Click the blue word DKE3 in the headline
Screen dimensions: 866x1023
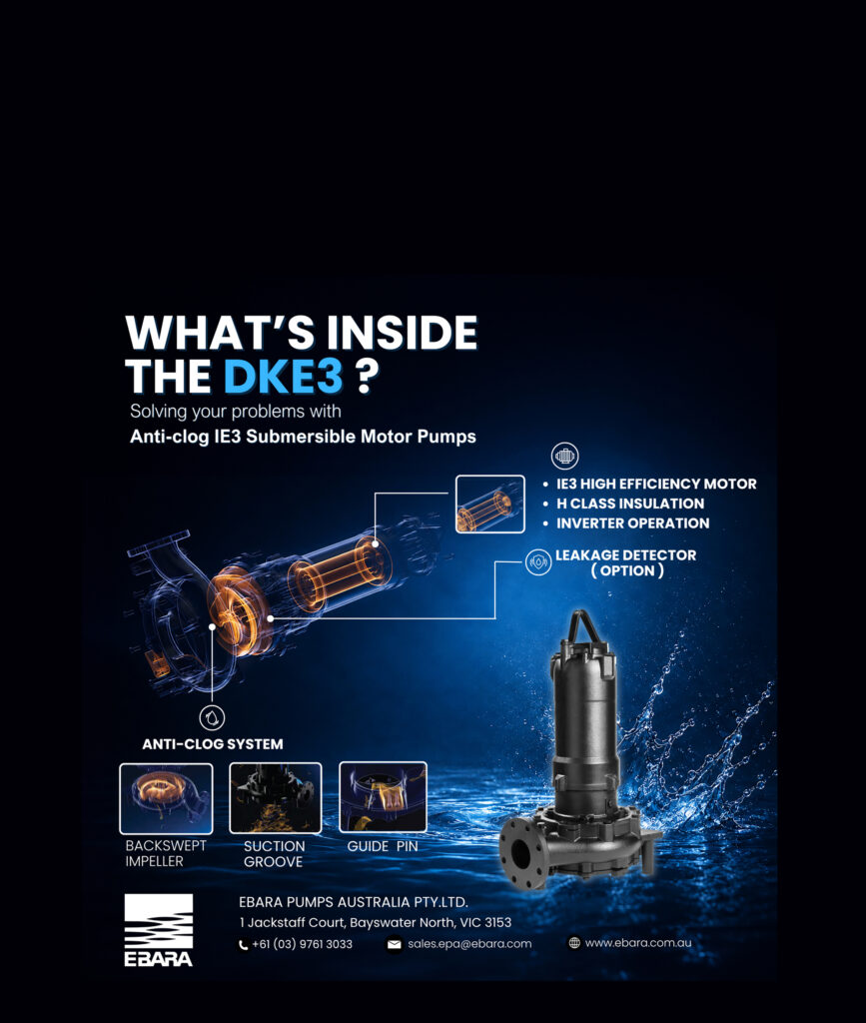(x=283, y=376)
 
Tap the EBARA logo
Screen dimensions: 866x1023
(x=159, y=930)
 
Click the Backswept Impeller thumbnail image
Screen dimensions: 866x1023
(x=166, y=798)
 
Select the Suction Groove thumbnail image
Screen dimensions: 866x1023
(x=276, y=798)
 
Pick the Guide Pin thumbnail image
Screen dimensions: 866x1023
(x=383, y=797)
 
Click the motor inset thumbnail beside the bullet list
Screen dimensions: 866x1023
(x=489, y=504)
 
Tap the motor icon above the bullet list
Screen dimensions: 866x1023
(x=564, y=456)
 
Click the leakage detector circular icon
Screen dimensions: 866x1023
(x=538, y=561)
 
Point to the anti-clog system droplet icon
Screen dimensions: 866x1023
(x=212, y=717)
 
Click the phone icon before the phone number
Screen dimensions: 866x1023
(x=244, y=945)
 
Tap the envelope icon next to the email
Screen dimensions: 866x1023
(x=394, y=944)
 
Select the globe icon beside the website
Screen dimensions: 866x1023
(x=574, y=943)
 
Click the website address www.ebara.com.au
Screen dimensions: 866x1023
(x=638, y=943)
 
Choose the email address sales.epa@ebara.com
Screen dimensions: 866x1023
(x=469, y=944)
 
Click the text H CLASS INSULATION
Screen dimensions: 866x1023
(x=630, y=504)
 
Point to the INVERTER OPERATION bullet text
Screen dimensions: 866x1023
(x=632, y=523)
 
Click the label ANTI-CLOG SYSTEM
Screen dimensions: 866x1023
(x=213, y=744)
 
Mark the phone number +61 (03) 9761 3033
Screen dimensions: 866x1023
(x=302, y=944)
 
